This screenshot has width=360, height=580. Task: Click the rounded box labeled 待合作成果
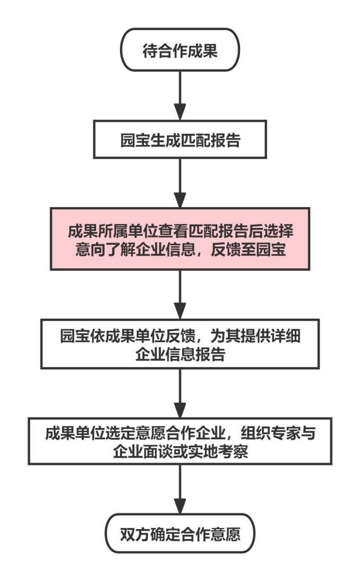point(180,50)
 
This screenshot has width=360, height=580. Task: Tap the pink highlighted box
point(180,239)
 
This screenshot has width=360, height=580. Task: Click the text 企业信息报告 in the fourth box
point(180,355)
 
